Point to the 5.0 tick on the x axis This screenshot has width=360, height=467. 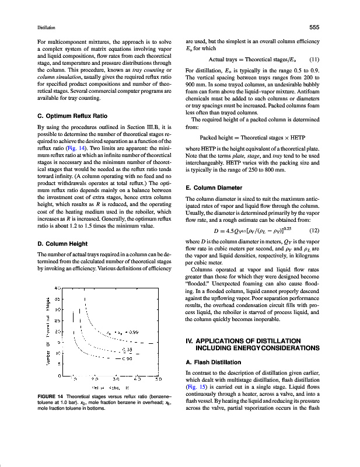(x=157, y=379)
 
